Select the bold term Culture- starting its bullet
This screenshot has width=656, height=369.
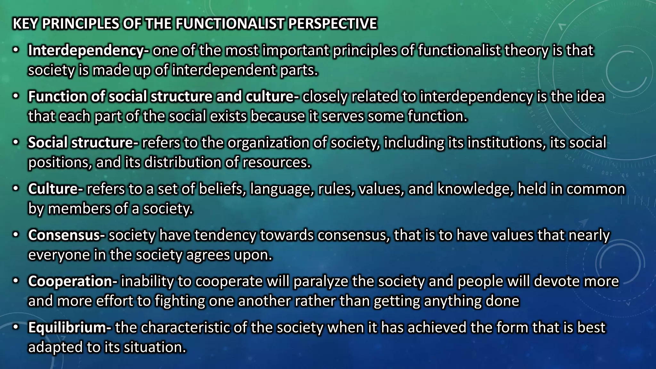pyautogui.click(x=55, y=189)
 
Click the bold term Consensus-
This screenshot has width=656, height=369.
pyautogui.click(x=66, y=235)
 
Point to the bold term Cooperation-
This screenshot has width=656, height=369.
pyautogui.click(x=73, y=281)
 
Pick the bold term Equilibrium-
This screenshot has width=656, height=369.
pyautogui.click(x=70, y=327)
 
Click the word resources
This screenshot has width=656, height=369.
pyautogui.click(x=276, y=163)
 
